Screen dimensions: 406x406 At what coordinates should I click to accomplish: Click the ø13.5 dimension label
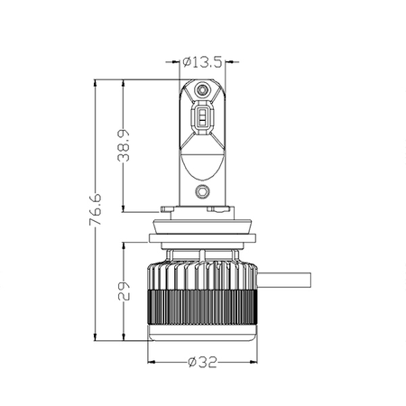(202, 62)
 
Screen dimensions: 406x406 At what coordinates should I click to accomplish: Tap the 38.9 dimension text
(124, 145)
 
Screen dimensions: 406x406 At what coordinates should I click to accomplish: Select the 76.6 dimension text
(96, 209)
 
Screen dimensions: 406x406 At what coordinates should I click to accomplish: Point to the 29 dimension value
(124, 291)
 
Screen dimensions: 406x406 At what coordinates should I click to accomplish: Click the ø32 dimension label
(202, 362)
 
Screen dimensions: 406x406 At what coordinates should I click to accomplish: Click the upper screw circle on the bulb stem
(202, 89)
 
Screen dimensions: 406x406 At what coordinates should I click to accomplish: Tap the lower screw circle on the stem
(202, 191)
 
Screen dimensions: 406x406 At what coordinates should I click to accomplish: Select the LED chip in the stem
(202, 116)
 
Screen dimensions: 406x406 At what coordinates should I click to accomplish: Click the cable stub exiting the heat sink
(284, 280)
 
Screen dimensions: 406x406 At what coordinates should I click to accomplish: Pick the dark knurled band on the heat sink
(202, 308)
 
